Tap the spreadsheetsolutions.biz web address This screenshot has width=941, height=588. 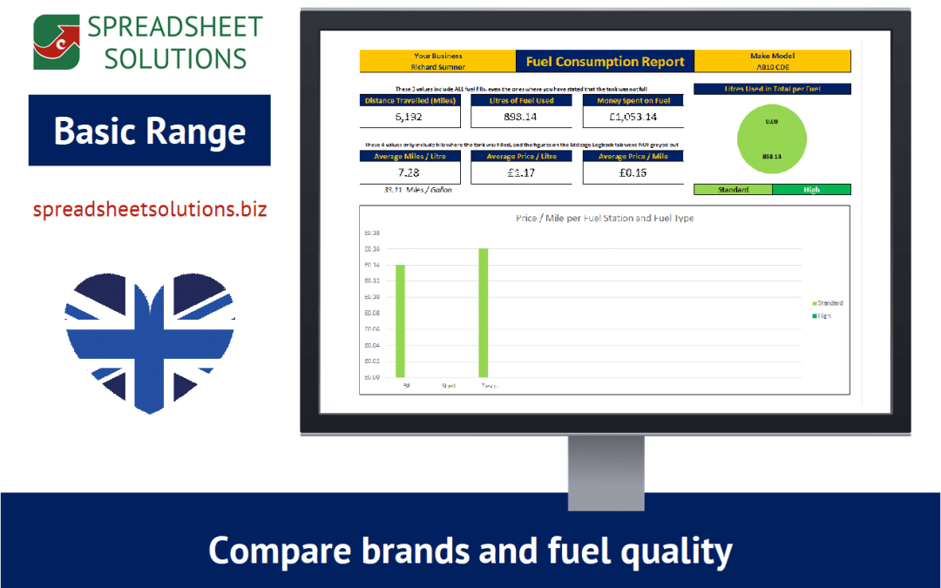150,210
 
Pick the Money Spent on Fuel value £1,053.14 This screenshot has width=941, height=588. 633,117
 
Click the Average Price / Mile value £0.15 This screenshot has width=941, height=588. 633,172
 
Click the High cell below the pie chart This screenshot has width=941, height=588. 811,190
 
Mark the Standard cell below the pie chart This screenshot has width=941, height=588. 733,190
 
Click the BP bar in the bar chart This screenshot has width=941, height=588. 401,321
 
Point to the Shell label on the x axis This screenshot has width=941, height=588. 448,385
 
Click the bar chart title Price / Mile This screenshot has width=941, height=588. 605,219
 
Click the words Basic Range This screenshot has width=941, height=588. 150,132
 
